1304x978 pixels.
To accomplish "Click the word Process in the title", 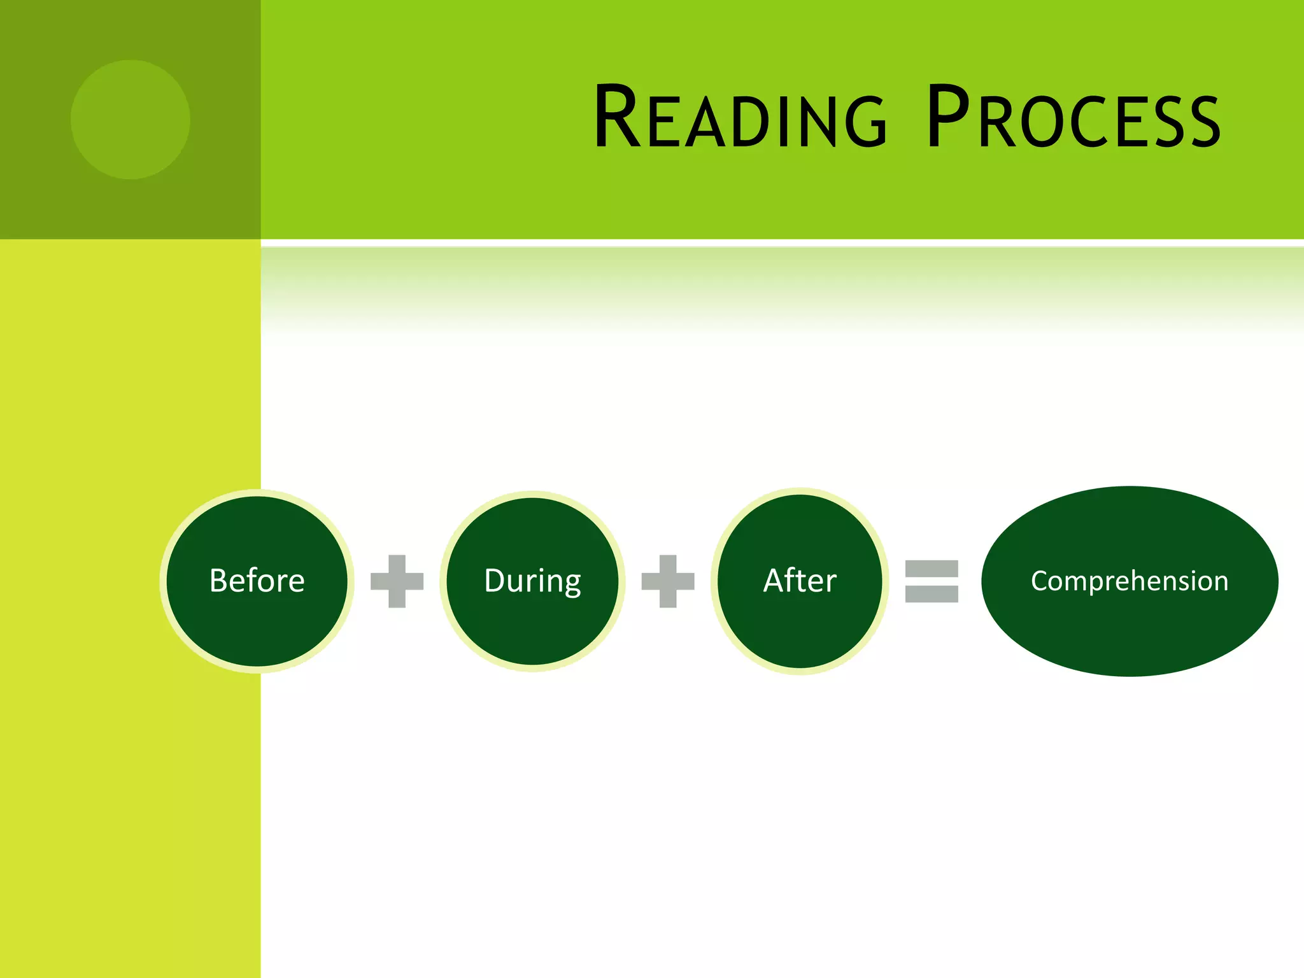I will click(1074, 118).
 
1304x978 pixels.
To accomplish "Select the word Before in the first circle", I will click(257, 581).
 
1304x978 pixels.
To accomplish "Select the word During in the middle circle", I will click(532, 581).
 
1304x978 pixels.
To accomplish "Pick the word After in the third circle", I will click(800, 581).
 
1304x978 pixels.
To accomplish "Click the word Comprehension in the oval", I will click(1130, 581).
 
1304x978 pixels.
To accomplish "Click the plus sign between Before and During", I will click(397, 581).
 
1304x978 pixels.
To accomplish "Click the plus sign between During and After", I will click(667, 581).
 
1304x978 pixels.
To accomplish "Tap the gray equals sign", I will click(932, 581).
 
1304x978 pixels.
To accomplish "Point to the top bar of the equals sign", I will click(932, 569).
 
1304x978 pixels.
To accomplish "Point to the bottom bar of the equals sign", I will click(932, 594).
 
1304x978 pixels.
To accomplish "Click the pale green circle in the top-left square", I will click(130, 120).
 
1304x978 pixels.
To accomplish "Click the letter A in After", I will click(774, 581).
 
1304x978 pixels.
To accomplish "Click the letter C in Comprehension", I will click(1040, 581).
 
